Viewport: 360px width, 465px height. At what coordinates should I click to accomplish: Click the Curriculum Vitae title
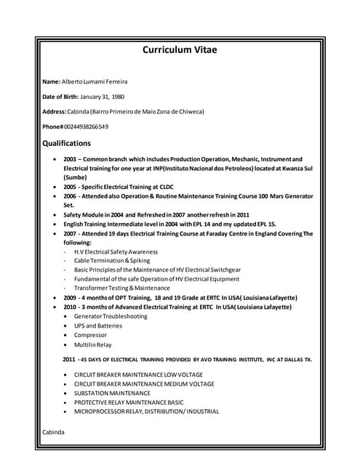point(180,50)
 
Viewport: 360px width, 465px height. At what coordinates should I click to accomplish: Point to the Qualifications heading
point(67,143)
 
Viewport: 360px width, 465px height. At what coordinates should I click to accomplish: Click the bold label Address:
point(55,111)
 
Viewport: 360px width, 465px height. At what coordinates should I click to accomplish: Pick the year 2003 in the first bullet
point(70,158)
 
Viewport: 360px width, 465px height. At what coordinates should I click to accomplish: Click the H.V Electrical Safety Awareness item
point(116,251)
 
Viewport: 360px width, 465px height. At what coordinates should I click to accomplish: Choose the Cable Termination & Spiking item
point(112,260)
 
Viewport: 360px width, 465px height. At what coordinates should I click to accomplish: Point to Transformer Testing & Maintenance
point(121,288)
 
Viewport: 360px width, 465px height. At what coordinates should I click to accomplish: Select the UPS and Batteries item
point(98,325)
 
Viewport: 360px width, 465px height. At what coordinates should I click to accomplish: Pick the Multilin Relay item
point(92,344)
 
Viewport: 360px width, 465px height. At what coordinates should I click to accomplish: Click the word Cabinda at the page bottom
point(53,432)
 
